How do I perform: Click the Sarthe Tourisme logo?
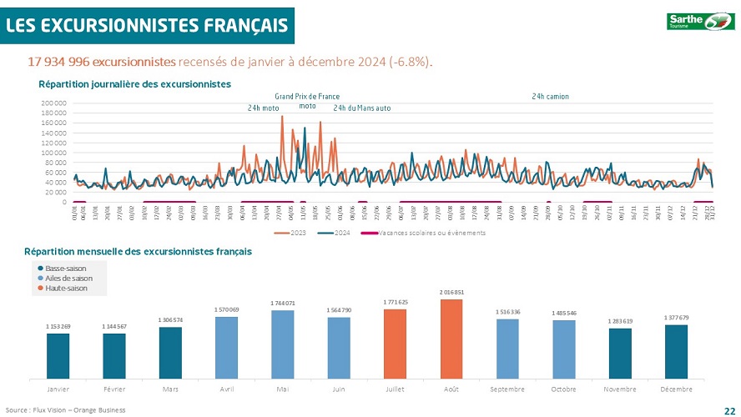coord(698,22)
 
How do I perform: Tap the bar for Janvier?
coord(58,355)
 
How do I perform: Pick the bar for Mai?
coord(282,344)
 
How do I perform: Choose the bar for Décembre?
coord(677,351)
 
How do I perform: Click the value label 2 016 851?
coord(451,292)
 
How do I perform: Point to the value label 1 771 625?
coord(396,302)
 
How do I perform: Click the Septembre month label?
coord(507,389)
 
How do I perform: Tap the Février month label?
coord(113,389)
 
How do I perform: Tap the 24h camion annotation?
coord(550,97)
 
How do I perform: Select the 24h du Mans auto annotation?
coord(361,108)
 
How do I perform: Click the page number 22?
coord(728,409)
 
